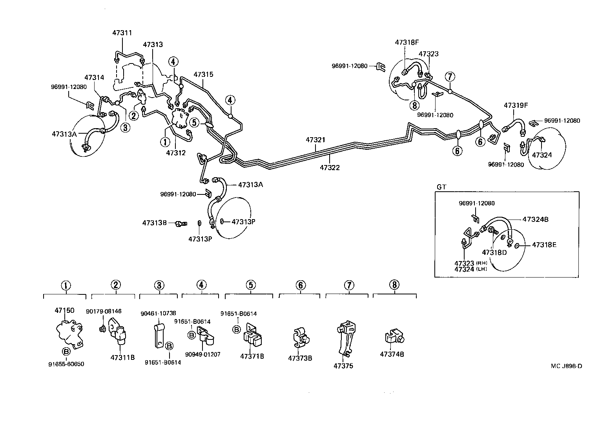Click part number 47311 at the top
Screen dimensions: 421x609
click(x=122, y=33)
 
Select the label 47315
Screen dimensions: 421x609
click(x=203, y=74)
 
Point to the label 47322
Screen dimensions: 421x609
click(x=329, y=167)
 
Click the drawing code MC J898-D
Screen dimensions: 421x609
click(x=566, y=366)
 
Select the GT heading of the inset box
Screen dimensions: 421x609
click(x=441, y=187)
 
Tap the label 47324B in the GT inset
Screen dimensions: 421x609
click(x=535, y=219)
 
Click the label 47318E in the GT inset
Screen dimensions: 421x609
click(x=544, y=245)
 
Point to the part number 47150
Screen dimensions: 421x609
click(x=64, y=310)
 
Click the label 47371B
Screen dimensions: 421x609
click(x=252, y=356)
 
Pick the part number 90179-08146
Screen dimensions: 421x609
click(x=104, y=311)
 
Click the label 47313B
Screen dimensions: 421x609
click(x=155, y=223)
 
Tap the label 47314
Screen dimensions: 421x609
click(x=94, y=78)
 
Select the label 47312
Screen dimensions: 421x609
click(x=175, y=152)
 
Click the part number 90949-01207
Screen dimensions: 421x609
click(x=202, y=354)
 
